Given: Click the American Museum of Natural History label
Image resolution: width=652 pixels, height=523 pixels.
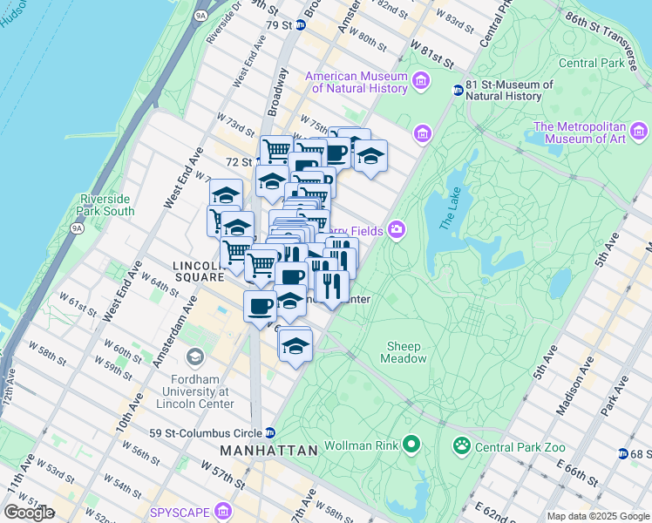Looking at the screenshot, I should tap(357, 82).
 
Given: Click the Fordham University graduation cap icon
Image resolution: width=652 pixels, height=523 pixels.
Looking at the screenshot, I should tap(194, 357).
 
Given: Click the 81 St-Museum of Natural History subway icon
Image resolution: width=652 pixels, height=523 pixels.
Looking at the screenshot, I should tap(458, 90).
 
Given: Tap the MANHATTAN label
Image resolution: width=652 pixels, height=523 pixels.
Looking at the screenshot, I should tap(268, 451).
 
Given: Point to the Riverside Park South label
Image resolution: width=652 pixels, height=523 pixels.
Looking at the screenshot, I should tap(106, 205).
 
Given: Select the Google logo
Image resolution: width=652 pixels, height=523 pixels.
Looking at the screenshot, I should tap(29, 513).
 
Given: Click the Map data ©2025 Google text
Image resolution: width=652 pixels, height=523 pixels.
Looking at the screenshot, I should tap(597, 516).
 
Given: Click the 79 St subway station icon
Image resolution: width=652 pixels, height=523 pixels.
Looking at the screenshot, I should tap(301, 25).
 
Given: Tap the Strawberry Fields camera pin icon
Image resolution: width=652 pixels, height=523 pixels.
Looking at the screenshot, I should tap(397, 229).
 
